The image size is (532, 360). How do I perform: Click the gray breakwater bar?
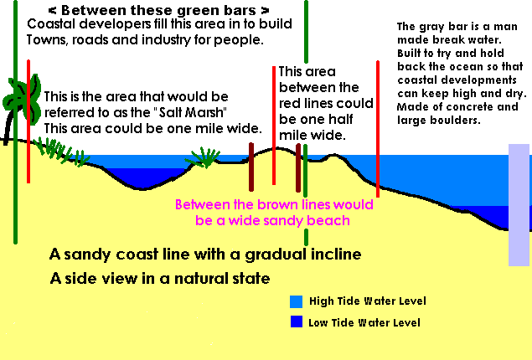click(x=519, y=205)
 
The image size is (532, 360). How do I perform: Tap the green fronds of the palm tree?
click(x=23, y=98)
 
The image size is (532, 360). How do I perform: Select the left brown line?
click(x=251, y=167)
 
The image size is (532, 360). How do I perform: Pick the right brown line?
click(x=298, y=167)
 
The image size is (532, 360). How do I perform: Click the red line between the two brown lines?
click(x=274, y=126)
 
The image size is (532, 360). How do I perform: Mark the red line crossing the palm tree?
click(x=28, y=121)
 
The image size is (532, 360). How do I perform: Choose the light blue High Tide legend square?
click(x=296, y=301)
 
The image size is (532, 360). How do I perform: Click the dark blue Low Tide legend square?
click(x=297, y=321)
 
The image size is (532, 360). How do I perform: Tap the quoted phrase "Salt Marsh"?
click(x=193, y=112)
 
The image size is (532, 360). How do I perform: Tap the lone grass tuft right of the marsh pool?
click(x=204, y=157)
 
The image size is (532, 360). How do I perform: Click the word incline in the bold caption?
click(x=337, y=255)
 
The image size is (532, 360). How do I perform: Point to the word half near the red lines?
click(x=339, y=119)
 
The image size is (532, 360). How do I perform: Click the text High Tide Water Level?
click(x=368, y=301)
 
